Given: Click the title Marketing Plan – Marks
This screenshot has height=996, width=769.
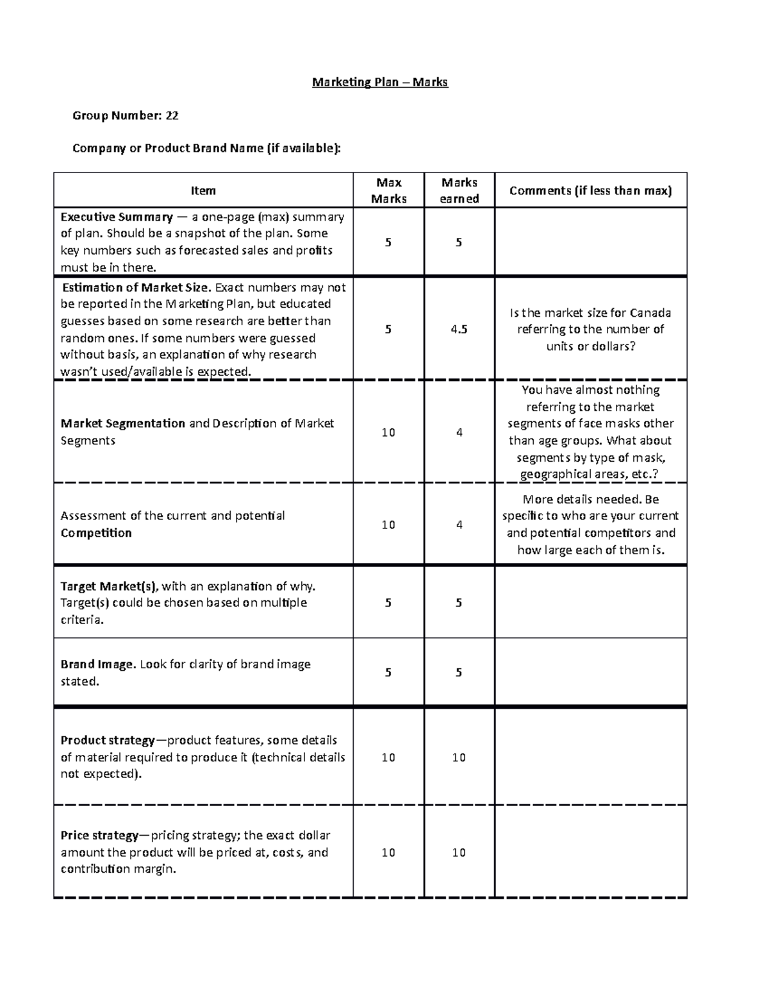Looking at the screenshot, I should tap(379, 82).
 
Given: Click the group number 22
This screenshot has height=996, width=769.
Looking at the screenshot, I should tap(172, 115).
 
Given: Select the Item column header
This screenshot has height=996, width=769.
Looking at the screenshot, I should tap(203, 190).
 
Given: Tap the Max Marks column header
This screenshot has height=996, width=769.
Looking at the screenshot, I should tap(388, 190).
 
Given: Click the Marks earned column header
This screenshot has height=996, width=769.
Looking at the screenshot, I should tap(459, 190).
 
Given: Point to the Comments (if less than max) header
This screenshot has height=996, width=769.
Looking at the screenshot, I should tap(590, 190).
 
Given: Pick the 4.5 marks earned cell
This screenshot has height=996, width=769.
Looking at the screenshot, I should tap(459, 329).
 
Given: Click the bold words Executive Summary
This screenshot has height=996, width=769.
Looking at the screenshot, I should tap(117, 217).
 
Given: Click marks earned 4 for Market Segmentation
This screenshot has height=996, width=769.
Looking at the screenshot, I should tap(459, 432).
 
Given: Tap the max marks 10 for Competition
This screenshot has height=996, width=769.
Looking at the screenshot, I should tap(388, 525).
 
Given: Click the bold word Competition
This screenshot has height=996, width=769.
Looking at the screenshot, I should tap(96, 533).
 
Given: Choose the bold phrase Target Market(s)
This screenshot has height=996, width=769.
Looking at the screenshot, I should tap(110, 586).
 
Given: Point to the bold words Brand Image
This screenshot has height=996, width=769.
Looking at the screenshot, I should tap(97, 664).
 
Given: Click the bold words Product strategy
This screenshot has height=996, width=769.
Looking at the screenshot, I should tap(107, 740).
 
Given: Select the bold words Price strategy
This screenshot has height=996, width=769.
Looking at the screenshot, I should tap(99, 836).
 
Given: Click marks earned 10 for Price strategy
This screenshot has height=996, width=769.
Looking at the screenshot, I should tap(459, 852).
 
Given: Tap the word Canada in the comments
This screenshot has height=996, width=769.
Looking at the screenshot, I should tap(650, 313).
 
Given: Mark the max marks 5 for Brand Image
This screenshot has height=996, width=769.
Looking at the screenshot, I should tap(388, 672).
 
